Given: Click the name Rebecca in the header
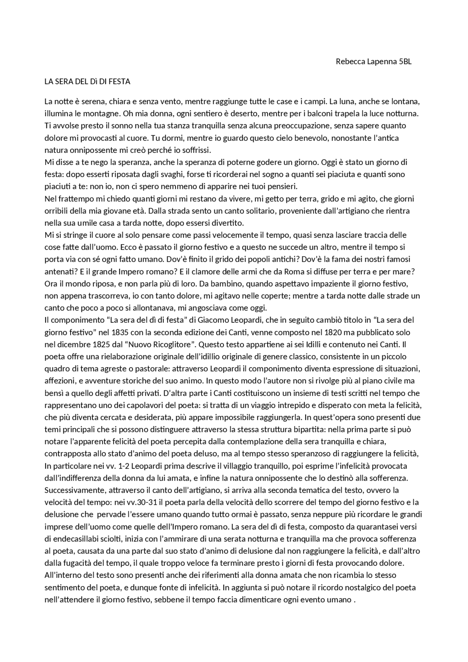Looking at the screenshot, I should pos(350,61).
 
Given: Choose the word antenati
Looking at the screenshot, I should pos(59,272).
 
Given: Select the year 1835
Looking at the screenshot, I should pos(121,332).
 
